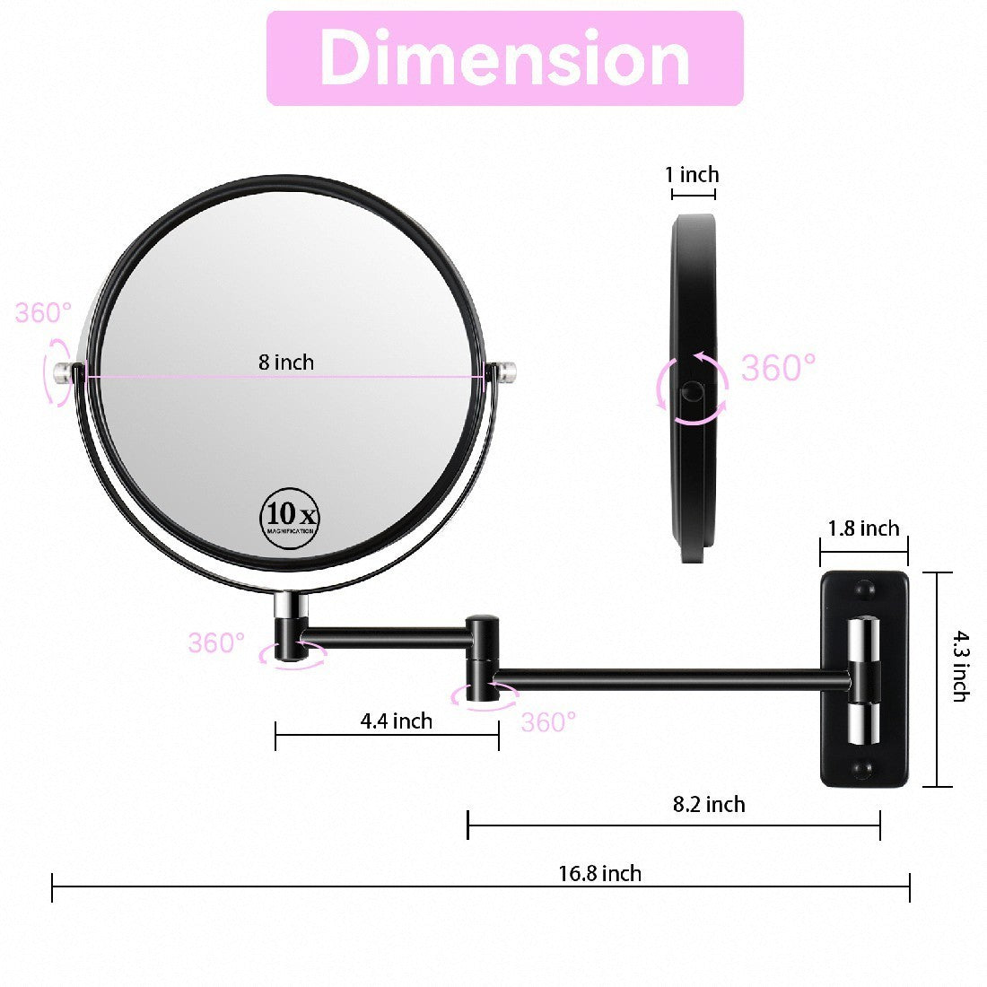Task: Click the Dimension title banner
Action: (x=505, y=58)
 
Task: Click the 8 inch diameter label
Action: (x=286, y=362)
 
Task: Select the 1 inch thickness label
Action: (x=692, y=174)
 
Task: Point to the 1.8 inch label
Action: (x=863, y=528)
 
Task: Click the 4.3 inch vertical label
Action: (x=959, y=666)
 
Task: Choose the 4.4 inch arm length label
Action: (x=396, y=721)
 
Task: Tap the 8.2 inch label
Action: (x=709, y=804)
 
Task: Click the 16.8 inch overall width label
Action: (x=600, y=873)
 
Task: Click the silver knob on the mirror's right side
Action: (x=507, y=371)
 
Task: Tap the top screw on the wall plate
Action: (x=864, y=590)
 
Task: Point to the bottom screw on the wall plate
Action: (x=864, y=770)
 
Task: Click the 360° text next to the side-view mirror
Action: (x=778, y=368)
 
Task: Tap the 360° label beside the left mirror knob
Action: (x=43, y=313)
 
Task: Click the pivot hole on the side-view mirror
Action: (x=693, y=391)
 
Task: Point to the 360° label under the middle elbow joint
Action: (x=548, y=721)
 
